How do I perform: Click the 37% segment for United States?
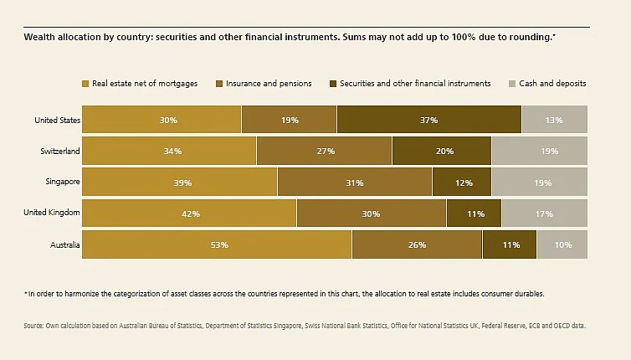point(429,119)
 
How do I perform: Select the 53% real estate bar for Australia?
point(217,244)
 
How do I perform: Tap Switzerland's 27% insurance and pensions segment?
point(325,151)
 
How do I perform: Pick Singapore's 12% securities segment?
point(462,182)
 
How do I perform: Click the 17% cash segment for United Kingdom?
point(545,213)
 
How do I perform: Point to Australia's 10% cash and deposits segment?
point(562,244)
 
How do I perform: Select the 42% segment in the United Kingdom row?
point(189,213)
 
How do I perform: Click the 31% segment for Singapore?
point(355,182)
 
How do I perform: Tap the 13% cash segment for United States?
point(555,119)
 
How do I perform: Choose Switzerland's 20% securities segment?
point(442,151)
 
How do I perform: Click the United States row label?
point(57,120)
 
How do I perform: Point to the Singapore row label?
point(63,182)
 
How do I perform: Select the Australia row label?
point(64,244)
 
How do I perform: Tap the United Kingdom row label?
point(52,212)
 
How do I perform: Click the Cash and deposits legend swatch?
point(512,84)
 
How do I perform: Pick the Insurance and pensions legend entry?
point(264,84)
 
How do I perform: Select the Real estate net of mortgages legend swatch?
point(85,84)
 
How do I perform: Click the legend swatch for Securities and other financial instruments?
point(333,84)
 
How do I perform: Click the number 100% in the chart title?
point(463,37)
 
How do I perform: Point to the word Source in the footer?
point(33,326)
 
